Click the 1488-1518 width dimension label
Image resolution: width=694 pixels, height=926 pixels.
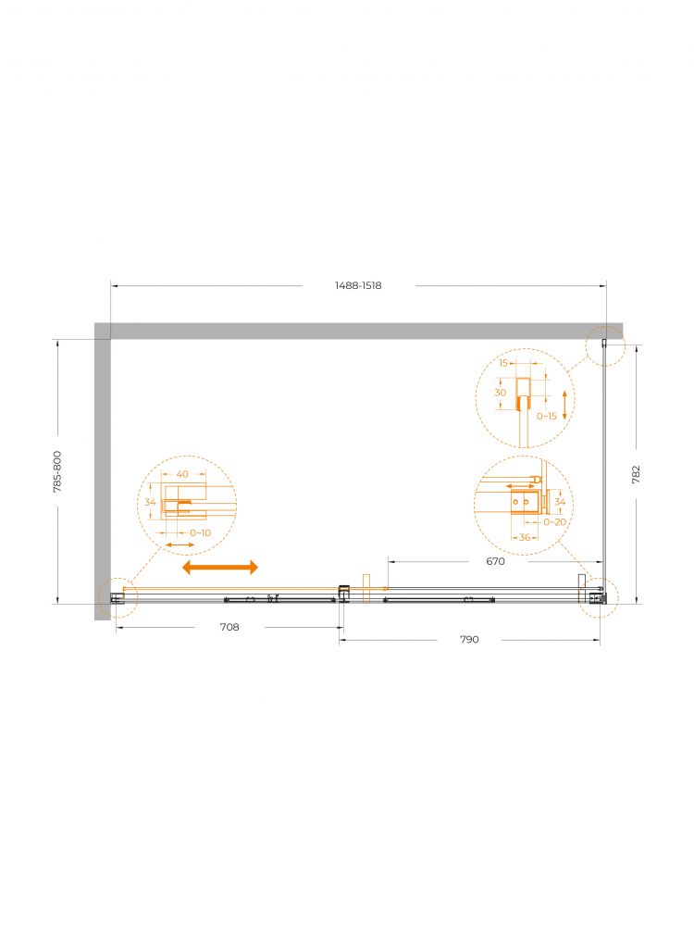358,285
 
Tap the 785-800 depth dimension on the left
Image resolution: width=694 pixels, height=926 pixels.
57,472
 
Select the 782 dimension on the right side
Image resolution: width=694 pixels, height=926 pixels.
637,474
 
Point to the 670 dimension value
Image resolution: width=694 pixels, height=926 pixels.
496,561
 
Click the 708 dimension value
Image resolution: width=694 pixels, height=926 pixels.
229,627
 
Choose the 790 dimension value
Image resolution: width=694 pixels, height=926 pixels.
470,639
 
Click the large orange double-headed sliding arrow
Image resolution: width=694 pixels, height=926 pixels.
220,568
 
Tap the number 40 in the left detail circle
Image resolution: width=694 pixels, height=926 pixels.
182,473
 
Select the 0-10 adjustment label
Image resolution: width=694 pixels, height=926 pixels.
201,532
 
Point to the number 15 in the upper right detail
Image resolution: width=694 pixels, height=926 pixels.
503,363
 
